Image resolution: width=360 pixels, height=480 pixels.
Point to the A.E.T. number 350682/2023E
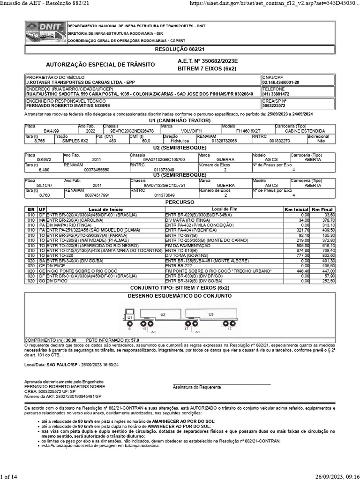208,61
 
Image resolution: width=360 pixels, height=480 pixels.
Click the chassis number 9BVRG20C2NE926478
132,131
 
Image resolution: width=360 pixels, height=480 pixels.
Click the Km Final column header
323,209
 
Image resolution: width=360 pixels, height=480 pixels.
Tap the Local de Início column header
105,209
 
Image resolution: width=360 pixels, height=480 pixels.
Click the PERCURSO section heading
180,202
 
